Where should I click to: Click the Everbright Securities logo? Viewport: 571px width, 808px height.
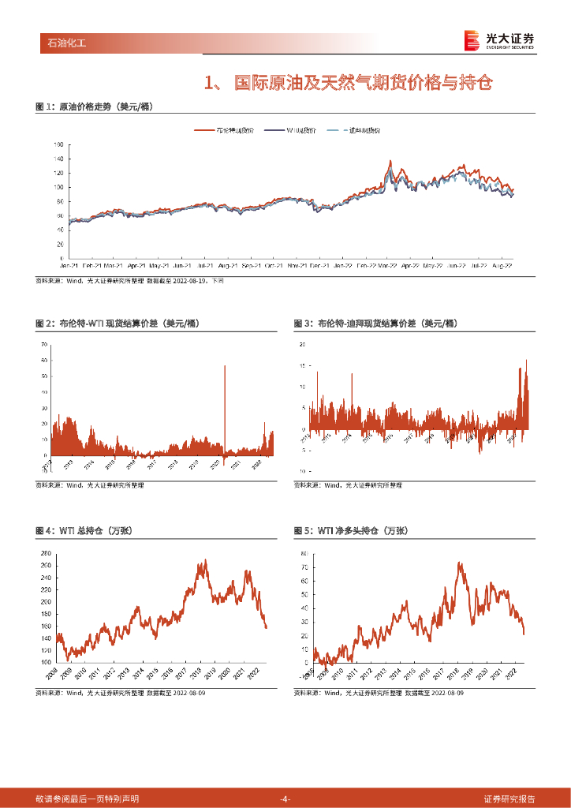499,40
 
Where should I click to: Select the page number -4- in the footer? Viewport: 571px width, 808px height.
285,799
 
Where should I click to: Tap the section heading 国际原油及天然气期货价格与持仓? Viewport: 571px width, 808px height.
347,83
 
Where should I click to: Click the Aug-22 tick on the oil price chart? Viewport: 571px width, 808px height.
502,265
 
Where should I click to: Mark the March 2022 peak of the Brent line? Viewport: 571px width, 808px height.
390,161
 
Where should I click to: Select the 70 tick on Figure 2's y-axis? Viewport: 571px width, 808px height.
44,346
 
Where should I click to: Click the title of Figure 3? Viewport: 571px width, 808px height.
375,324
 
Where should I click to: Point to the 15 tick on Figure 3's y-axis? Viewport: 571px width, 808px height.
301,366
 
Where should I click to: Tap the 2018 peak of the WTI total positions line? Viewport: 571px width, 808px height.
205,561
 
